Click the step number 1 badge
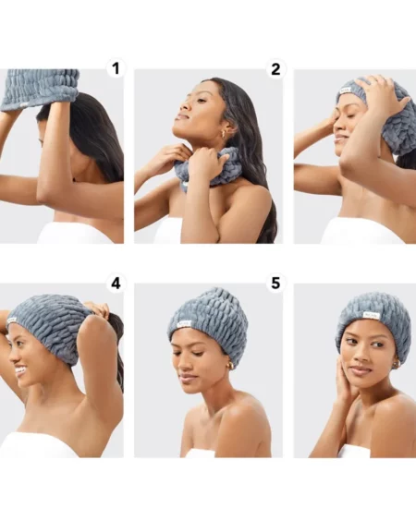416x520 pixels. click(115, 68)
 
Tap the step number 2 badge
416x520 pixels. click(275, 68)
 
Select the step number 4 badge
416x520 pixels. click(115, 284)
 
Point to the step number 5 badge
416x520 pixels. click(275, 284)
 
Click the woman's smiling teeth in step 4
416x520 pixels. click(20, 370)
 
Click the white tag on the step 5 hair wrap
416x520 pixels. click(184, 323)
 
